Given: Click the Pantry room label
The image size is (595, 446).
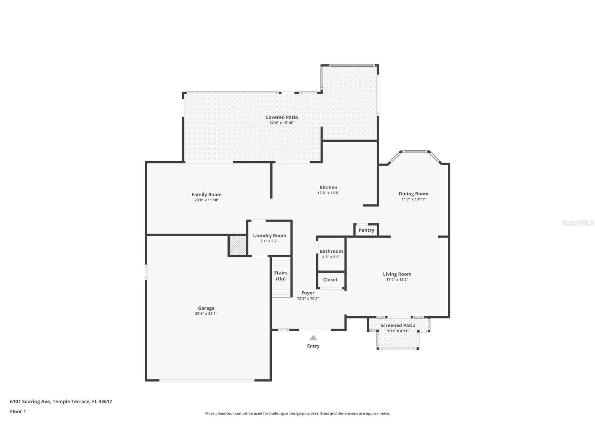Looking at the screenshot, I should (366, 230).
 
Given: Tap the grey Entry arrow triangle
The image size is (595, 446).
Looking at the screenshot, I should (313, 338).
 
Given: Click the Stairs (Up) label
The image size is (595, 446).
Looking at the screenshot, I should (280, 276).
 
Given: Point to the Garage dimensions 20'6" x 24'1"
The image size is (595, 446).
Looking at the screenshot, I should (206, 314).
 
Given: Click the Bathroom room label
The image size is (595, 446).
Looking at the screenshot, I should (331, 251).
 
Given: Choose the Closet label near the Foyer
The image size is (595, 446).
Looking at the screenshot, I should (330, 280).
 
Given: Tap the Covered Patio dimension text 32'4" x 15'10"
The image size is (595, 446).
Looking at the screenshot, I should (282, 123).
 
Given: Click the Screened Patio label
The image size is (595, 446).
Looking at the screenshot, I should (398, 325).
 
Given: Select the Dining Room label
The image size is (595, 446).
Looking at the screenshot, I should (413, 194).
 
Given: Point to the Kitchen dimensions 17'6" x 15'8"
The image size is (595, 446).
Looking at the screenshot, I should (328, 193).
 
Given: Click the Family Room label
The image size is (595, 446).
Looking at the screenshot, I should (207, 195).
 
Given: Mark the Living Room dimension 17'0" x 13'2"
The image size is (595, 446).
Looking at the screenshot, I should (397, 280).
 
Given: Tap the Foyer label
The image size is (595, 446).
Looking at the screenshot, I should (308, 293).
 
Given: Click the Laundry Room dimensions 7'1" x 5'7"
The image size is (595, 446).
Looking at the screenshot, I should (269, 241).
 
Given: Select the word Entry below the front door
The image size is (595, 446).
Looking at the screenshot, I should (313, 346).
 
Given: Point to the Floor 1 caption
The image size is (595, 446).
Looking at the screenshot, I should (18, 412).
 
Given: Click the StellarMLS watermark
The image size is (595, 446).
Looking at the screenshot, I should (577, 223).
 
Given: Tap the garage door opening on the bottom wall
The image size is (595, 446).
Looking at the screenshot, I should (207, 380).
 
